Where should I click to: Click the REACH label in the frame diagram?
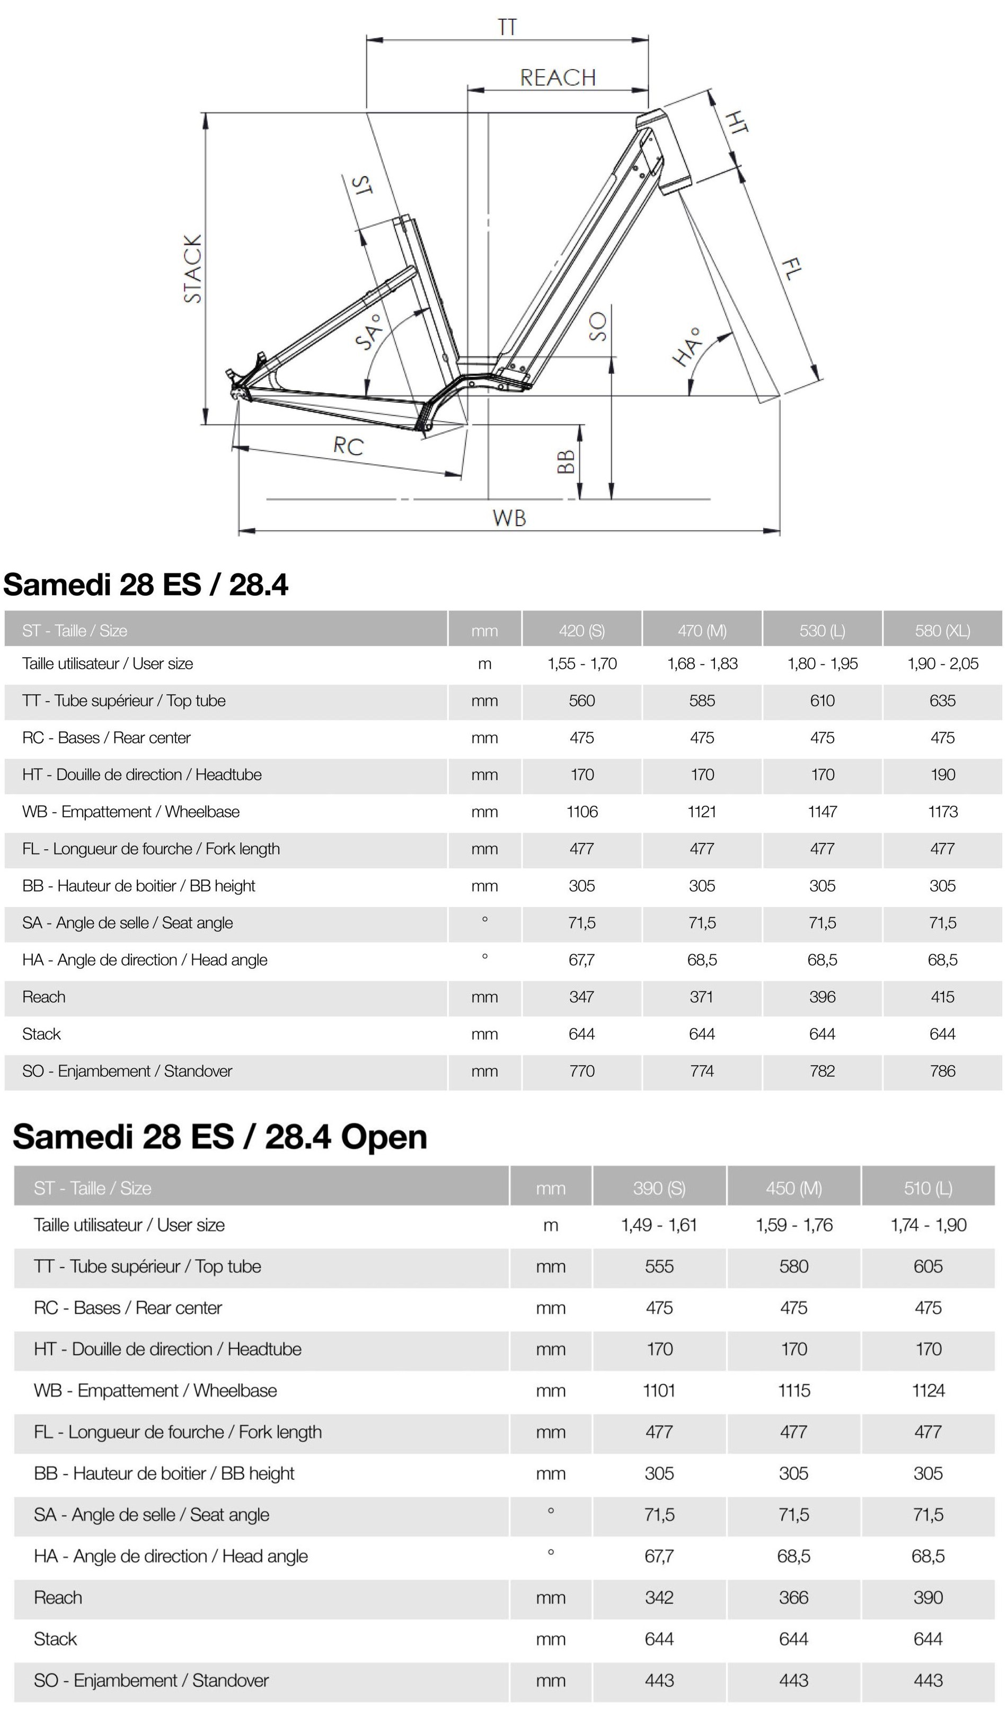[x=558, y=78]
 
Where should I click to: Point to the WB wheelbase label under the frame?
[x=509, y=518]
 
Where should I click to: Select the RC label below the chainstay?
[x=348, y=447]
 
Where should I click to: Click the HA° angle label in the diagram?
[x=688, y=346]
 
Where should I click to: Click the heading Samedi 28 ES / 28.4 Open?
[x=219, y=1137]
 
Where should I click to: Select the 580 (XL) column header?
[x=942, y=631]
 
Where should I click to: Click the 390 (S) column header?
[x=659, y=1188]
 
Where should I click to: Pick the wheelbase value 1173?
[x=942, y=812]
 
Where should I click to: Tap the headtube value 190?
[x=942, y=775]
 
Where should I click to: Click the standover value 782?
[x=823, y=1071]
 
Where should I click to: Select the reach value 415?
[x=942, y=997]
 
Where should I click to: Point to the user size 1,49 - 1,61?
[x=659, y=1225]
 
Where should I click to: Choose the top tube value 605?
[x=928, y=1267]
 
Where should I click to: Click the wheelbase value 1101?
[x=659, y=1391]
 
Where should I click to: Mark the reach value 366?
[x=794, y=1597]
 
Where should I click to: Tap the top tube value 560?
[x=582, y=701]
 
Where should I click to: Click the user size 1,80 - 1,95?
[x=823, y=664]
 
